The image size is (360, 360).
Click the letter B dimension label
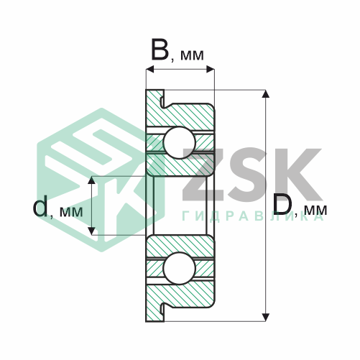coord(160,50)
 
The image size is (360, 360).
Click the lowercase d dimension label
coord(40,206)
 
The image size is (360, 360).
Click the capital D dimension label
coord(282,204)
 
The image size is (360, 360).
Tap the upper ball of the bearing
coord(180,143)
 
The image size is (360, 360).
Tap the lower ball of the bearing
coord(180,268)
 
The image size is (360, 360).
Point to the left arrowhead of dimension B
coord(150,70)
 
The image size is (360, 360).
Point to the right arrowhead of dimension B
coord(210,70)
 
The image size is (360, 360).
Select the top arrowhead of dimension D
coord(265,94)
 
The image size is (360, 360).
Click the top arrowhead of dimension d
coord(91,180)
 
